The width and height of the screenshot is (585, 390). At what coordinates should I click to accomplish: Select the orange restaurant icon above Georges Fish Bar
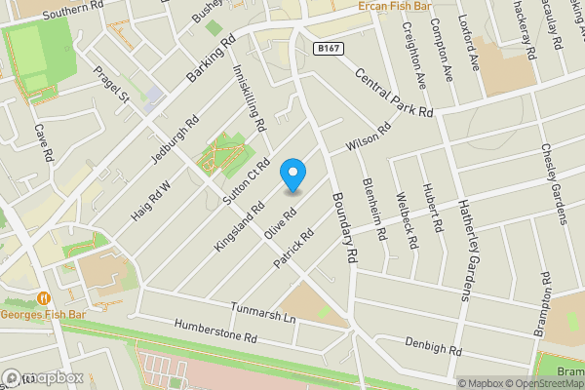tap(42, 298)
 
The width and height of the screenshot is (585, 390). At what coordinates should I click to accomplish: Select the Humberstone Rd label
tap(214, 331)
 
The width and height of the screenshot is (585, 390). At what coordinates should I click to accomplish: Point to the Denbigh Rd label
tap(433, 346)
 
